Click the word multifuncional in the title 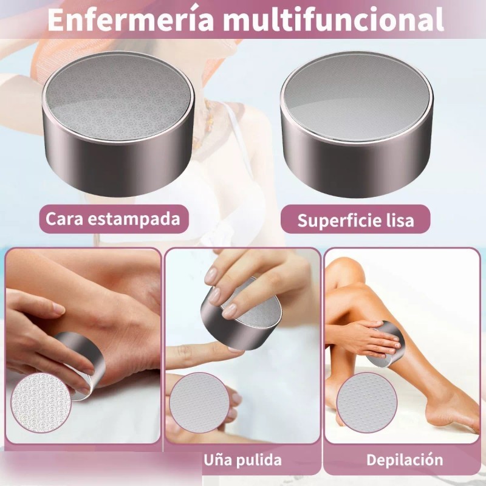[x=333, y=19]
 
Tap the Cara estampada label [x=113, y=219]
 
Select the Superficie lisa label [x=355, y=220]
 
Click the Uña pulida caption [x=242, y=459]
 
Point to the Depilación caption [x=404, y=459]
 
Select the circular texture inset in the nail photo [x=198, y=402]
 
